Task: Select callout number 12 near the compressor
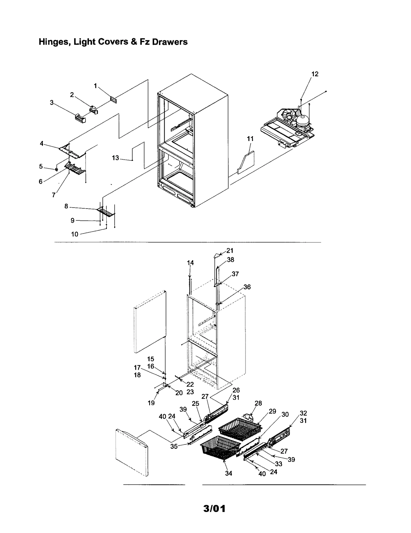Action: (x=315, y=74)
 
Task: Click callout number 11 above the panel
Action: (x=250, y=139)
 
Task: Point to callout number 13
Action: (x=115, y=158)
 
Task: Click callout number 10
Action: (x=74, y=234)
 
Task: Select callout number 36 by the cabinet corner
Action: (x=247, y=287)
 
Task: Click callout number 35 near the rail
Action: (x=174, y=446)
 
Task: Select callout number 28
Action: (x=258, y=403)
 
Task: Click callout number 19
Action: (x=151, y=403)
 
